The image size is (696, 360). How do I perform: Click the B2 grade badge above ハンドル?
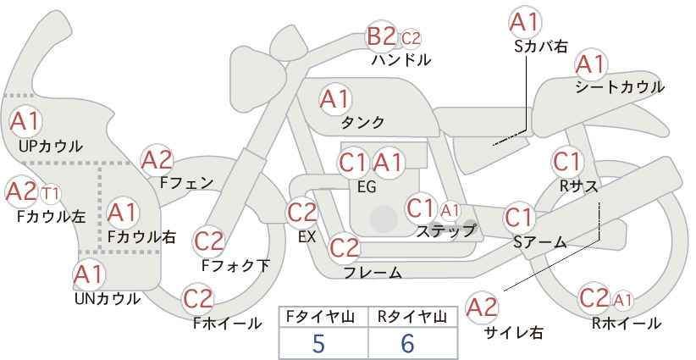(381, 36)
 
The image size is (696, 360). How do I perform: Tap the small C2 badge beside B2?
(411, 39)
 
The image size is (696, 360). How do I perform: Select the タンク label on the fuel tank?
(362, 122)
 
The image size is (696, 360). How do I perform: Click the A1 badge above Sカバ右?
(525, 23)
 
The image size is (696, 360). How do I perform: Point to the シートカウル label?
(619, 87)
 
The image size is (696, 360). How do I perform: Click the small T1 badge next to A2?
(51, 194)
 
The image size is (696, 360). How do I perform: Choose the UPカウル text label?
(51, 146)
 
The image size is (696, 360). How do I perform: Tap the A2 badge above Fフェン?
(157, 161)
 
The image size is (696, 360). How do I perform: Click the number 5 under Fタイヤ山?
(318, 343)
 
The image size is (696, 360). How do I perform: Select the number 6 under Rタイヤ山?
(407, 343)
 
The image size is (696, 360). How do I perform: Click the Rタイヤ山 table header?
(412, 317)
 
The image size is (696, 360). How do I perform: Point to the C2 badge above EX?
(301, 213)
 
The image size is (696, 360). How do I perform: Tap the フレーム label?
(373, 273)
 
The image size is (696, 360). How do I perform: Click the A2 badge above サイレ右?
(483, 307)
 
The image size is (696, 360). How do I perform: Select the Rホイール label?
(626, 324)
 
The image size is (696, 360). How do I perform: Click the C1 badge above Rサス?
(566, 162)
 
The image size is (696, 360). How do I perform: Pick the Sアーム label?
(539, 242)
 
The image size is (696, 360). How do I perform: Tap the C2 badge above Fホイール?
(197, 299)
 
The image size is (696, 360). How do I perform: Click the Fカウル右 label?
(141, 237)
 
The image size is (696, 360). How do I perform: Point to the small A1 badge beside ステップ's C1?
(450, 211)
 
